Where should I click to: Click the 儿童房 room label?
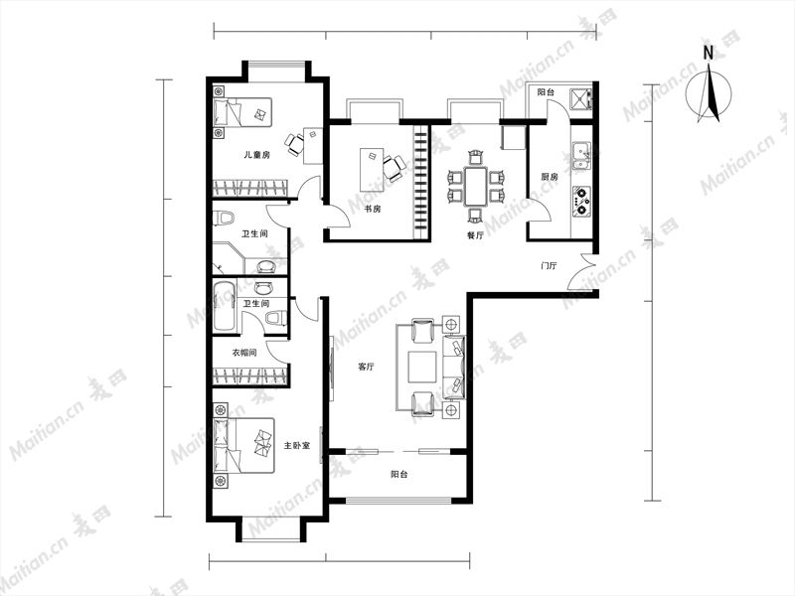256,155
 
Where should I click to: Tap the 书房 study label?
372,209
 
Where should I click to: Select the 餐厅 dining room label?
475,235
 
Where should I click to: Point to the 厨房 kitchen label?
550,177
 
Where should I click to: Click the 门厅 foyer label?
549,265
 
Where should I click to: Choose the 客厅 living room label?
366,367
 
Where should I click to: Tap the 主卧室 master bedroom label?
297,445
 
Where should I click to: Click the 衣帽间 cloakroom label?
243,353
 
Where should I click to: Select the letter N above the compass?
708,53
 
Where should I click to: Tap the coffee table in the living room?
422,367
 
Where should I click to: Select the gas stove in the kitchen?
581,202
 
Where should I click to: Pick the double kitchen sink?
581,156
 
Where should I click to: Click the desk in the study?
372,169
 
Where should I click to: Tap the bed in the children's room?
242,112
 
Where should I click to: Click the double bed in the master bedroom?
243,445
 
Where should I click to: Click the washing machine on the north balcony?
579,98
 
